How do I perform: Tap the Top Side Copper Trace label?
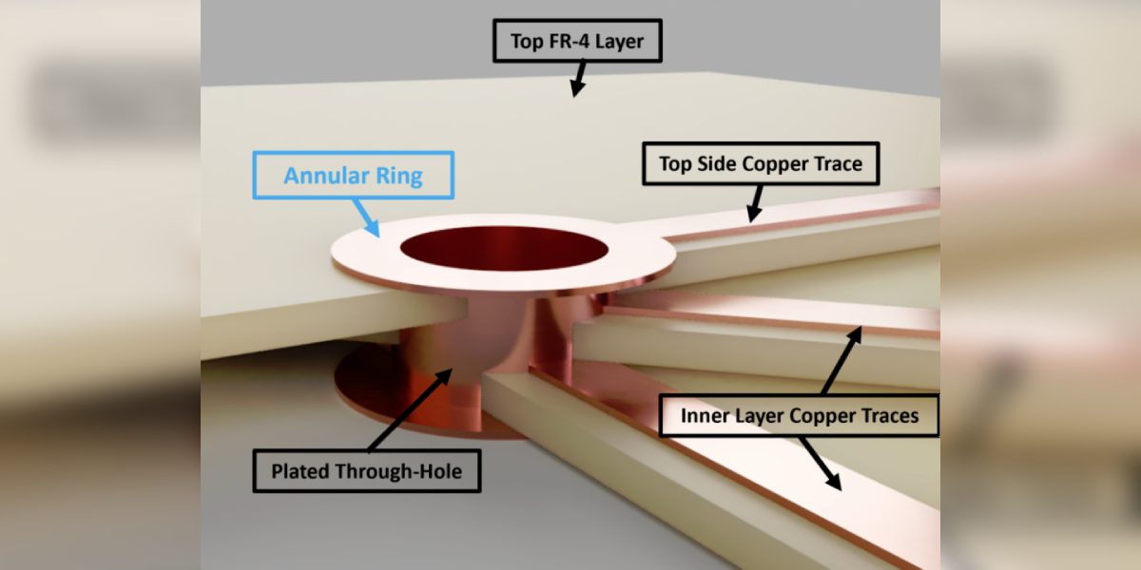pyautogui.click(x=761, y=163)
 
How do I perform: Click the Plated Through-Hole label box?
pyautogui.click(x=366, y=471)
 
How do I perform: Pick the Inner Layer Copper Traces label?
pyautogui.click(x=799, y=415)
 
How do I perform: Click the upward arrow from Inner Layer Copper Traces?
pyautogui.click(x=842, y=360)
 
